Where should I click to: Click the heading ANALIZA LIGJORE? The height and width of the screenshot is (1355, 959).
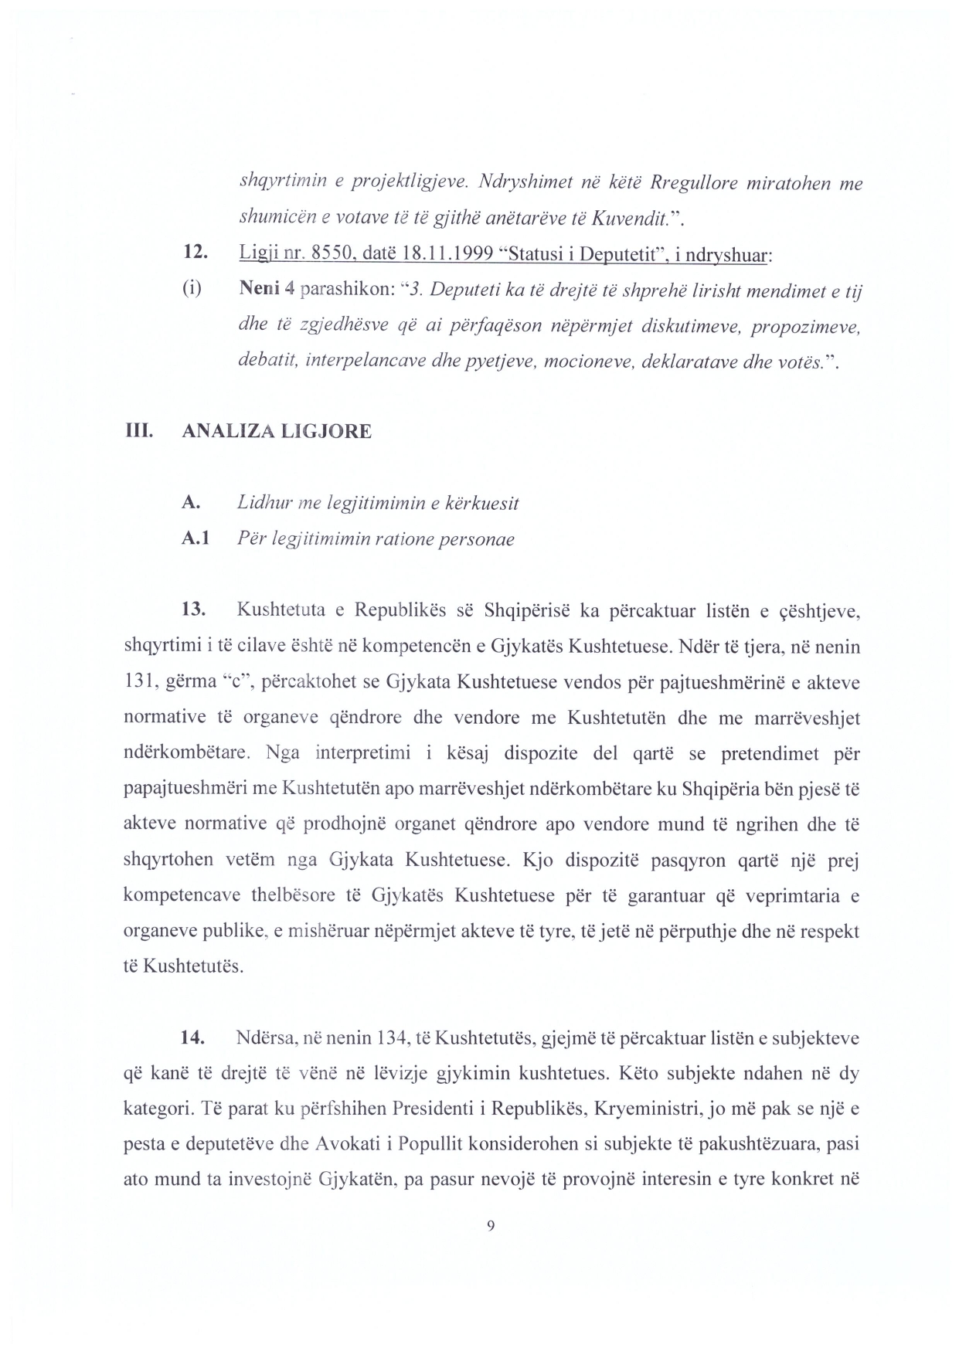click(x=276, y=431)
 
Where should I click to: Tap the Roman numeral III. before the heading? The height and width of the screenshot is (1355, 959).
click(x=138, y=431)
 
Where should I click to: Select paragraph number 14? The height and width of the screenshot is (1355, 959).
click(x=192, y=1038)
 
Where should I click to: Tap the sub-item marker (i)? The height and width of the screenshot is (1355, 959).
click(x=192, y=289)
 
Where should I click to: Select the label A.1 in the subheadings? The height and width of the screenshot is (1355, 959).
click(x=195, y=539)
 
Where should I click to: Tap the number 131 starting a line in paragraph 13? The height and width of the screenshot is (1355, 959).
click(x=139, y=682)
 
